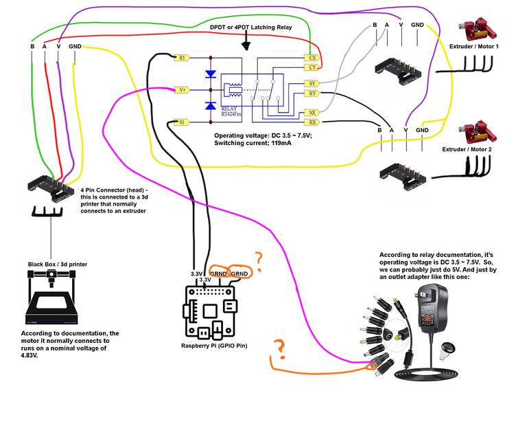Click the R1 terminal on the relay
(x=182, y=58)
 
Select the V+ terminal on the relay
(x=182, y=90)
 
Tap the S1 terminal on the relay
(x=182, y=122)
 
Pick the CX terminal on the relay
(x=312, y=58)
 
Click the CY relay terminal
(x=312, y=68)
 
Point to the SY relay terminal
(x=312, y=83)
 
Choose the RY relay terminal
(x=312, y=93)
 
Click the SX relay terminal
(x=312, y=113)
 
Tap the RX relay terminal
(x=312, y=122)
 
